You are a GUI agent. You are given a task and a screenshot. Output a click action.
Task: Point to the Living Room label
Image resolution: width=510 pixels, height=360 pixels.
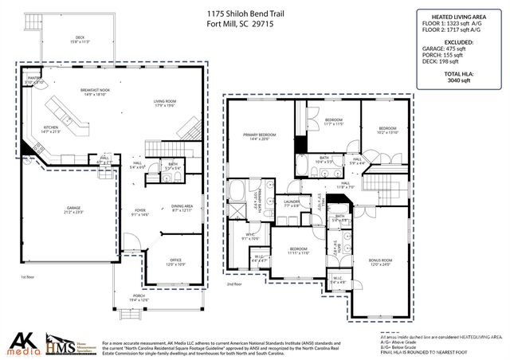pos(165,103)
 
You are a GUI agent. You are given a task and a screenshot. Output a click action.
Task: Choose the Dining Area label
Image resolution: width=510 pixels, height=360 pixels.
pos(182,209)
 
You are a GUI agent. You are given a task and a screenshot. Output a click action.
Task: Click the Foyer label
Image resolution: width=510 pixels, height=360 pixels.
pos(139,212)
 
